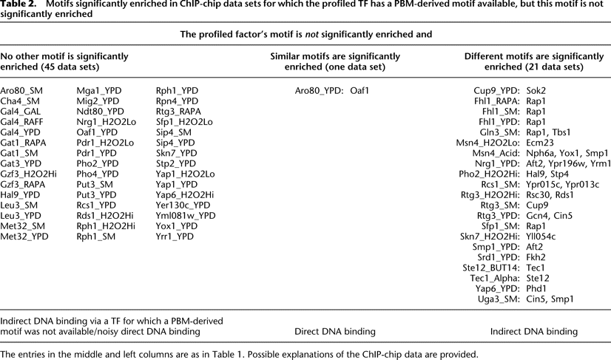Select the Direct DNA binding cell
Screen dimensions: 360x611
(335, 332)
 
